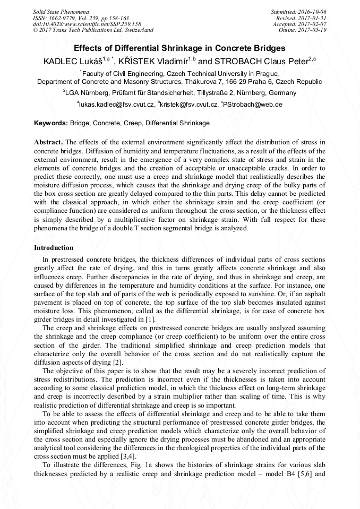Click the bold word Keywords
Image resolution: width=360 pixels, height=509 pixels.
click(x=51, y=123)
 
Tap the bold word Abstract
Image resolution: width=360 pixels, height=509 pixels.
click(x=48, y=143)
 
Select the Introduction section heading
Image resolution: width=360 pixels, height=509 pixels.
click(x=54, y=248)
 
